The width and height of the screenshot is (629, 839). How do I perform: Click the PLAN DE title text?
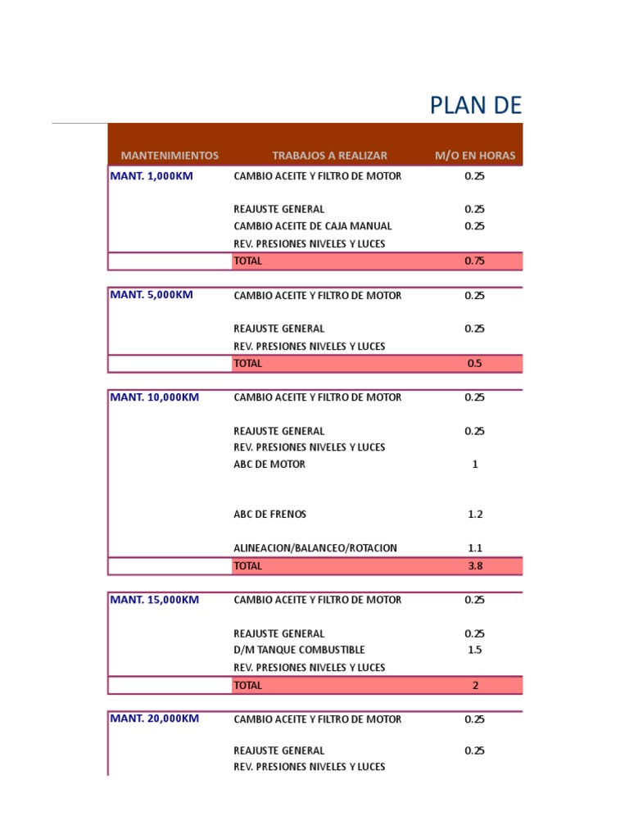point(475,106)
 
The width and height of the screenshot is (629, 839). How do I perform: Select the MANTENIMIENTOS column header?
point(170,155)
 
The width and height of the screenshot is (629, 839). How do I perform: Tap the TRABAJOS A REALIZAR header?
point(329,155)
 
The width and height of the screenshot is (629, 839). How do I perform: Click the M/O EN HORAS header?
point(475,155)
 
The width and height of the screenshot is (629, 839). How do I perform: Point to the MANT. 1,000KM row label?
point(152,176)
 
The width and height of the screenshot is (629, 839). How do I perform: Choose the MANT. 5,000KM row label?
point(152,295)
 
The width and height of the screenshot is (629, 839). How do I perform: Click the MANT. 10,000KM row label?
point(154,397)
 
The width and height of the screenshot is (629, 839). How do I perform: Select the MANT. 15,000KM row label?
point(154,600)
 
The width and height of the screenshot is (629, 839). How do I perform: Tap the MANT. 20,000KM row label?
point(154,719)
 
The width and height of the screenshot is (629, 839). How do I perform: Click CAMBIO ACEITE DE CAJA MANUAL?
point(313,226)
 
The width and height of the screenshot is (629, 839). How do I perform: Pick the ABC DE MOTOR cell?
point(269,465)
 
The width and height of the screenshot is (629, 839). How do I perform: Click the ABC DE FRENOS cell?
point(270,515)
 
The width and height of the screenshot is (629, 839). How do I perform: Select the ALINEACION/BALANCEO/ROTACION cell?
point(315,548)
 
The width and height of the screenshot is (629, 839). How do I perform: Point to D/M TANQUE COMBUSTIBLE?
point(299,651)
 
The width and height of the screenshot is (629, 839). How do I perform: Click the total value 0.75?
point(475,261)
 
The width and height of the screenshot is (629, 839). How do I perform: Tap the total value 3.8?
point(475,565)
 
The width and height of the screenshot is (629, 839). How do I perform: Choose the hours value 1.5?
point(475,651)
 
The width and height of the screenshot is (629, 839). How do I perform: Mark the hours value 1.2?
point(475,515)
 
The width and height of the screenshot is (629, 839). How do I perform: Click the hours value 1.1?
point(475,548)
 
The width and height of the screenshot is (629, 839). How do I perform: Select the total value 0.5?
point(475,363)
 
